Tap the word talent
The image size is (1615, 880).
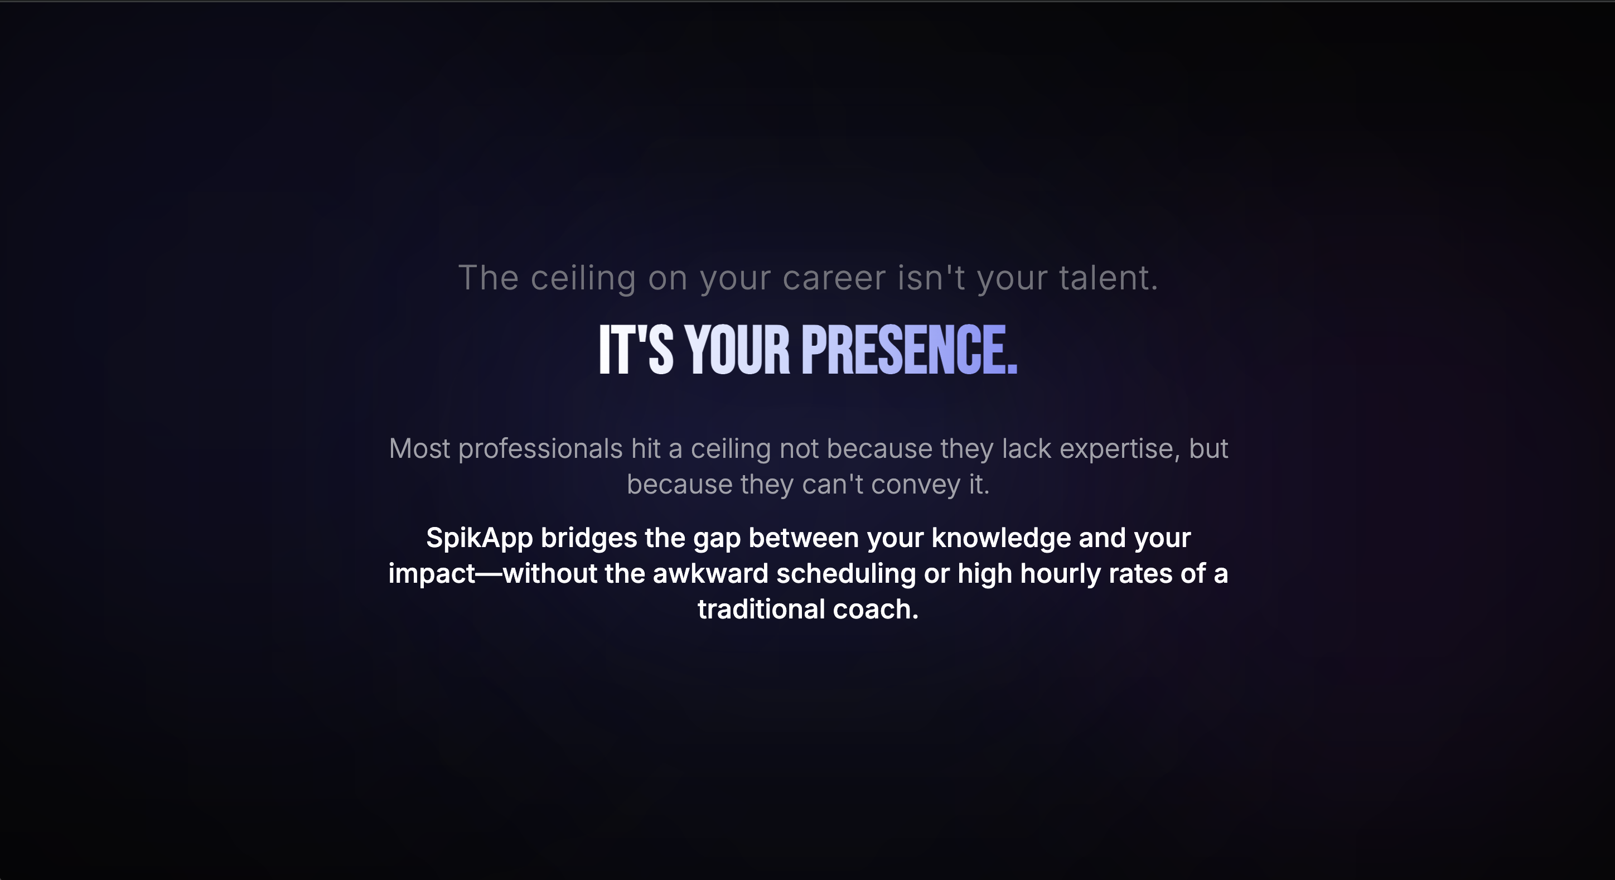(x=1108, y=278)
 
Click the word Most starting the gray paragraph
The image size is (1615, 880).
(x=419, y=449)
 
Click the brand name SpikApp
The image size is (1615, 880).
(x=479, y=538)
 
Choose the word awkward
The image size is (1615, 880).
(x=710, y=573)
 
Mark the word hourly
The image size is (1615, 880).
(x=1060, y=573)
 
